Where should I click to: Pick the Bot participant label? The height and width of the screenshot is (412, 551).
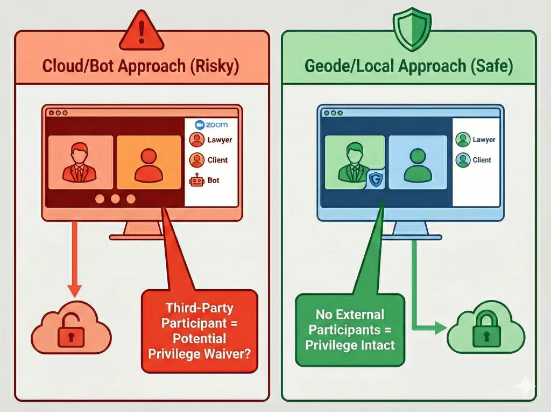pyautogui.click(x=213, y=180)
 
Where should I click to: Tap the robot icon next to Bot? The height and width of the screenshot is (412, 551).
pyautogui.click(x=196, y=181)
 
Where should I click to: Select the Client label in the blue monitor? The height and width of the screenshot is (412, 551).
pyautogui.click(x=482, y=160)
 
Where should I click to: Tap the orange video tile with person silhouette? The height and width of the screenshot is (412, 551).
pyautogui.click(x=149, y=161)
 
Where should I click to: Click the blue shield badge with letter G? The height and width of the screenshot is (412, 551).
pyautogui.click(x=376, y=179)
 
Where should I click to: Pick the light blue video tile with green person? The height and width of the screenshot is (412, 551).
pyautogui.click(x=417, y=161)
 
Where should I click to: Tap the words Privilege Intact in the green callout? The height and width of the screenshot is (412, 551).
pyautogui.click(x=350, y=345)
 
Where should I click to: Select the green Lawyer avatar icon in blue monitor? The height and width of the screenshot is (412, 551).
pyautogui.click(x=462, y=140)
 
